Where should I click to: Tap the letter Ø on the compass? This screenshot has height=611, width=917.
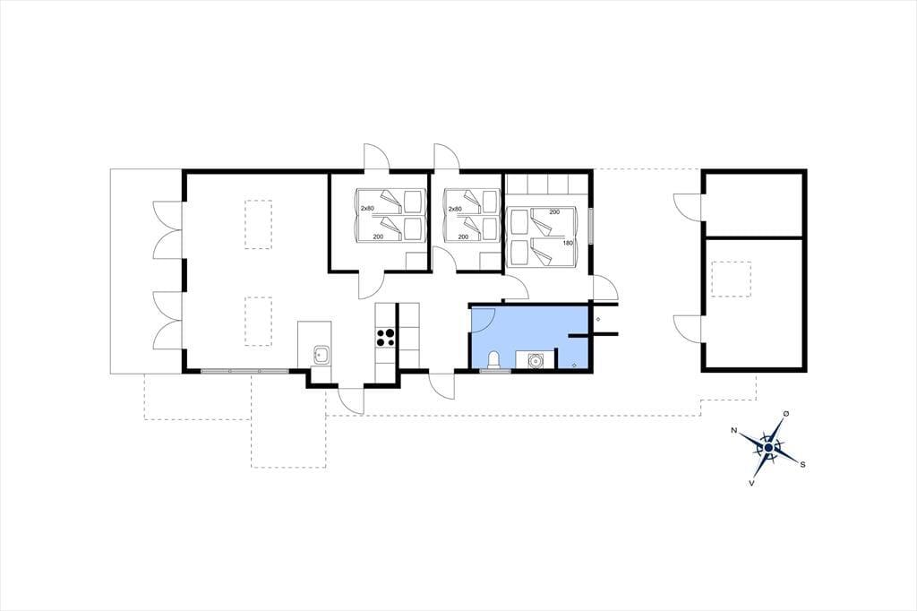[x=786, y=414]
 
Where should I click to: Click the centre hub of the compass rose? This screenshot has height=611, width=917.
[x=768, y=448]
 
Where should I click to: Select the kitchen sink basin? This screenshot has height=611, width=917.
[x=321, y=355]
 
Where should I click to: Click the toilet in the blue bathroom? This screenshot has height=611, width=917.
[x=494, y=360]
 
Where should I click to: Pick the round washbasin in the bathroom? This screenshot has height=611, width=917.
[x=534, y=361]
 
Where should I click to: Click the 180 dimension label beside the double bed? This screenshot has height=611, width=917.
[x=568, y=242]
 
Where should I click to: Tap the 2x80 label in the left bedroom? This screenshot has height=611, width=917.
[x=366, y=209]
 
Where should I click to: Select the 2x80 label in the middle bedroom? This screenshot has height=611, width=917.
[x=454, y=209]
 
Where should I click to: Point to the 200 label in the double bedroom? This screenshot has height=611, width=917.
[x=554, y=211]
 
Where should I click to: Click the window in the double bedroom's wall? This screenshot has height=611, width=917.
[x=591, y=226]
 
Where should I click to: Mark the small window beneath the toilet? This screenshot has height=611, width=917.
[x=494, y=371]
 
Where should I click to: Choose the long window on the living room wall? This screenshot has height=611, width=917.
[x=244, y=371]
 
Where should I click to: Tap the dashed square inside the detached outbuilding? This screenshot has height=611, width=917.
[x=731, y=280]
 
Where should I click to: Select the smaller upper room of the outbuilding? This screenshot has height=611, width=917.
[x=754, y=204]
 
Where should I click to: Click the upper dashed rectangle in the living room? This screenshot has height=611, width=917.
[x=258, y=225]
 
